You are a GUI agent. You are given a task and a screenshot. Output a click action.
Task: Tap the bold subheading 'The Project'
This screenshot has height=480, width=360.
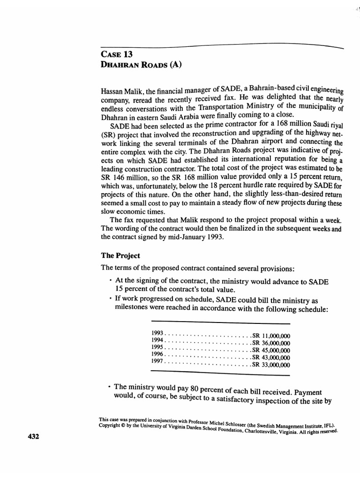click(120, 256)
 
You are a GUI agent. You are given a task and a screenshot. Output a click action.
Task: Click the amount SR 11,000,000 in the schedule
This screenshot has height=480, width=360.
click(271, 335)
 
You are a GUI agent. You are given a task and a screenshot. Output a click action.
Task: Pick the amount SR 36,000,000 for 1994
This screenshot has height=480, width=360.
click(271, 343)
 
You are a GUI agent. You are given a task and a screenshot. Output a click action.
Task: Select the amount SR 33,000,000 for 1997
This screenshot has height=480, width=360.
click(271, 365)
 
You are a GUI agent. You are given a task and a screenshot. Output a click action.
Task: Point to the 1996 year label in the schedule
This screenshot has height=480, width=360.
click(159, 353)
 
